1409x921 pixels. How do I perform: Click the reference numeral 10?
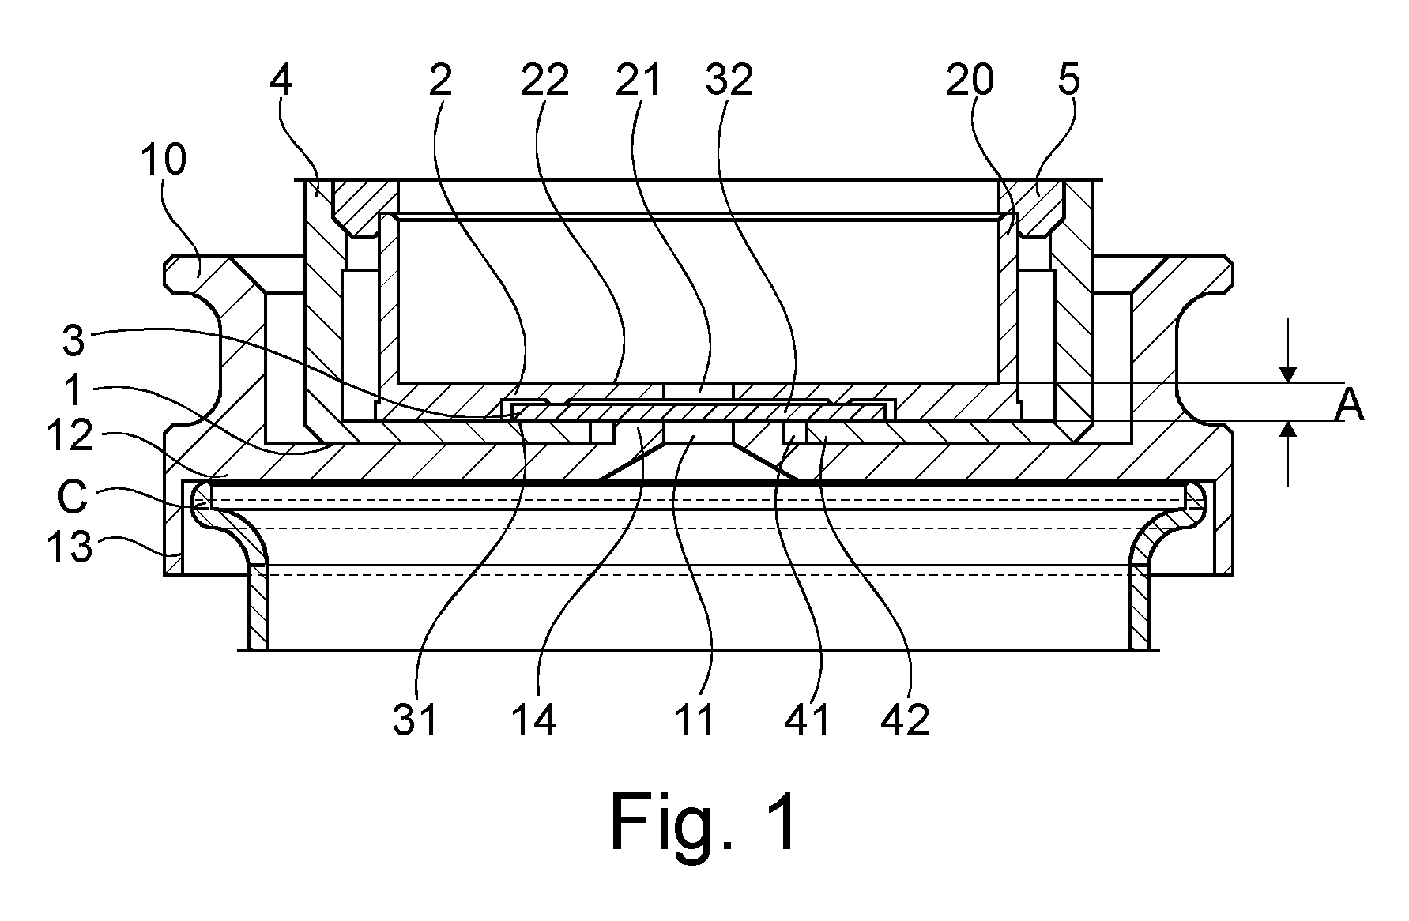164,160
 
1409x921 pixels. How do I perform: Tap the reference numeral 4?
281,81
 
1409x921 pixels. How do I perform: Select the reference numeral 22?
544,81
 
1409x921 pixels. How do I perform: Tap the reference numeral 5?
1068,81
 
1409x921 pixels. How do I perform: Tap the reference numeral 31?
415,720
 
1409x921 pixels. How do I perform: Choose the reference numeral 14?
534,720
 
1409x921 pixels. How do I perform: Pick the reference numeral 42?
906,720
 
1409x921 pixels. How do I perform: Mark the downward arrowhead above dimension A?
1289,374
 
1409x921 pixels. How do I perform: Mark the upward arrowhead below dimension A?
1289,430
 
